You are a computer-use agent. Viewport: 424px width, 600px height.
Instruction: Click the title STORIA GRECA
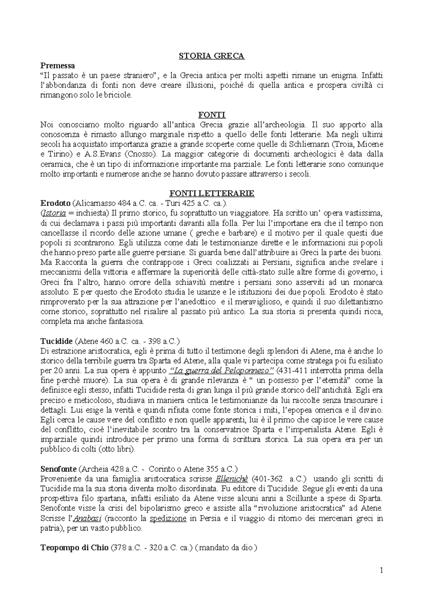pyautogui.click(x=212, y=56)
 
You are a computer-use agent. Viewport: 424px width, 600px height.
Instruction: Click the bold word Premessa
pyautogui.click(x=58, y=66)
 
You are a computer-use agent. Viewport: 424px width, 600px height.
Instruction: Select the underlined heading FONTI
pyautogui.click(x=212, y=115)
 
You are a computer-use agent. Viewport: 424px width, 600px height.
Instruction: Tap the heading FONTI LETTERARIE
pyautogui.click(x=212, y=194)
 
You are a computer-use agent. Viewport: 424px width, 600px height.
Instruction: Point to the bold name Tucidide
pyautogui.click(x=57, y=341)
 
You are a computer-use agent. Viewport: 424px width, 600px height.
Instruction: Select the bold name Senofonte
pyautogui.click(x=59, y=469)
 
